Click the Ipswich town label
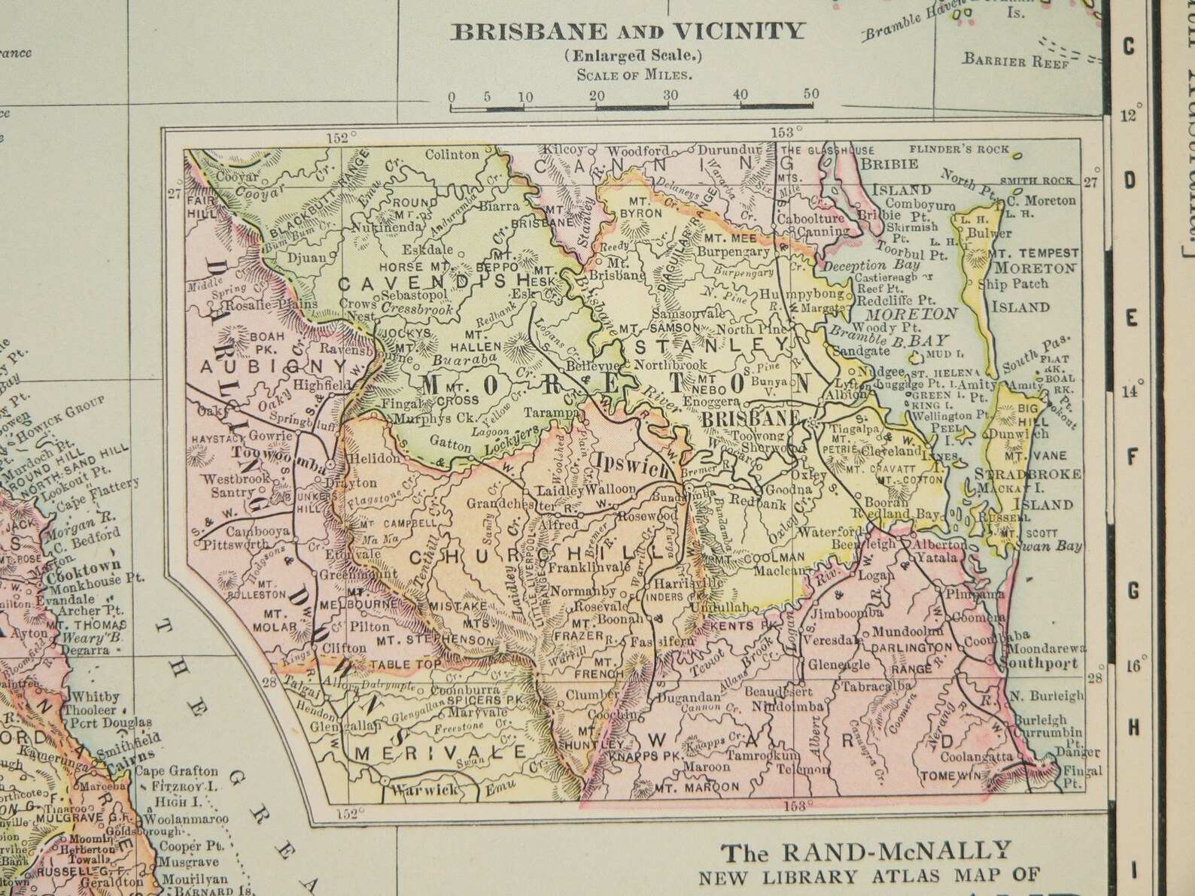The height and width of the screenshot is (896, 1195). coord(631,464)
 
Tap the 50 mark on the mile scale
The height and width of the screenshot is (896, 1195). coord(810,95)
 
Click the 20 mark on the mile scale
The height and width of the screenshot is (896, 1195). coord(597,96)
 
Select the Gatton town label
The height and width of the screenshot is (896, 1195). coord(450,444)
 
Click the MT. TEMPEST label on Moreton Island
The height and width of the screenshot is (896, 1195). coord(1037,253)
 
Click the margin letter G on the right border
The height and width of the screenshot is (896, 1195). coord(1133,592)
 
